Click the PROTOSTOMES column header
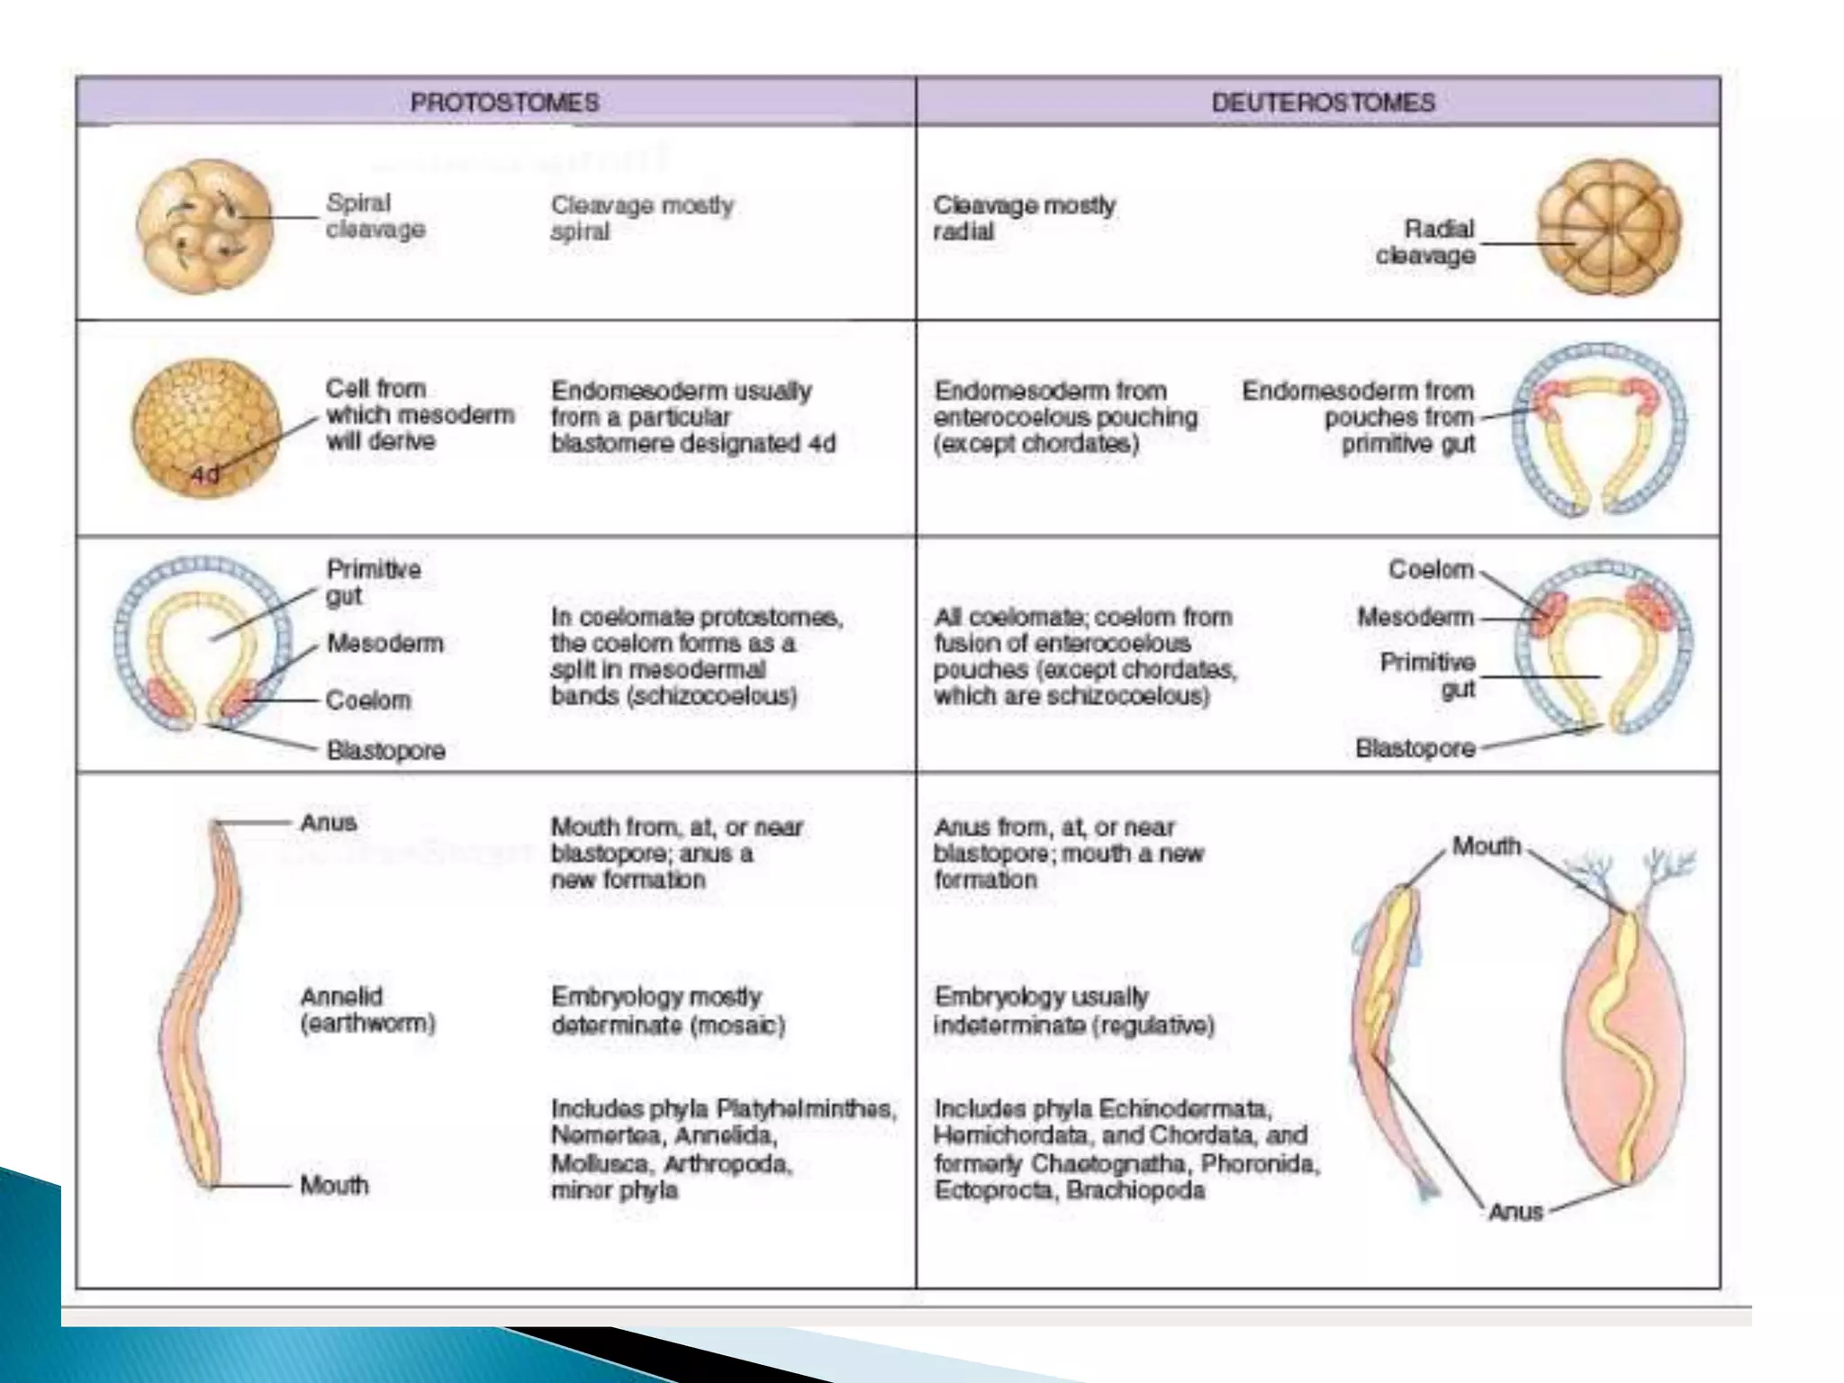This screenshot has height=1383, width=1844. tap(504, 102)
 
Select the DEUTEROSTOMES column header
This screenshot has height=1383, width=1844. tap(1323, 102)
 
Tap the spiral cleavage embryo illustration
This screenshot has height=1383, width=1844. tap(205, 227)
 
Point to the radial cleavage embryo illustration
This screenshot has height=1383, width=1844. tap(1608, 228)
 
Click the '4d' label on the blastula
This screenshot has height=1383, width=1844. tap(204, 474)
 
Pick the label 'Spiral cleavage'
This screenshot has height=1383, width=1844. tap(375, 216)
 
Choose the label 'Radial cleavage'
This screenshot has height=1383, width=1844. tap(1426, 241)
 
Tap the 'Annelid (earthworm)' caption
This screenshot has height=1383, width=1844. tap(367, 1009)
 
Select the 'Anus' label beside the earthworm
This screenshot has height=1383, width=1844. tap(328, 822)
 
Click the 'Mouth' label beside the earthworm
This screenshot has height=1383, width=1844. tap(334, 1185)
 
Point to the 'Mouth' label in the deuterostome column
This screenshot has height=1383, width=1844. tap(1486, 846)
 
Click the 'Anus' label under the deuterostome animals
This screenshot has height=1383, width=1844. tap(1515, 1211)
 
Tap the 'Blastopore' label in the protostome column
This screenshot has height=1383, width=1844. tap(385, 750)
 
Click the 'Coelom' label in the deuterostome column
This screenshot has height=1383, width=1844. tap(1430, 570)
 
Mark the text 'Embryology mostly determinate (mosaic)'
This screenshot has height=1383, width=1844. tap(668, 1010)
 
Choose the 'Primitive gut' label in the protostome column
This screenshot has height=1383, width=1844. tap(373, 582)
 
